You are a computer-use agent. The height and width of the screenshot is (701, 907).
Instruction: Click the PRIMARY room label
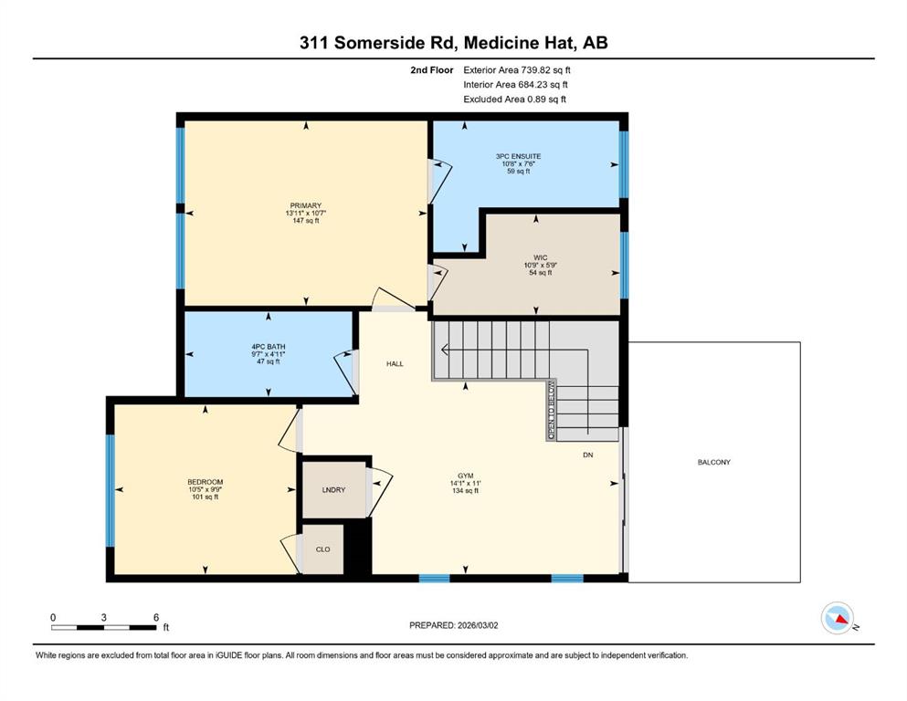click(x=305, y=205)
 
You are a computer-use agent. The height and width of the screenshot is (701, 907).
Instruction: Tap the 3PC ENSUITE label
click(x=518, y=156)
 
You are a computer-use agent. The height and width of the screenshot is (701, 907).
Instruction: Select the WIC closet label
click(x=540, y=257)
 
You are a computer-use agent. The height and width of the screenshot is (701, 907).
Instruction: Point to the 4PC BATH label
click(x=269, y=347)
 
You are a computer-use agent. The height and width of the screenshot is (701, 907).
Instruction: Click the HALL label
click(x=395, y=363)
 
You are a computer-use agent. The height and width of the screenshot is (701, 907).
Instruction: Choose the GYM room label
click(x=466, y=476)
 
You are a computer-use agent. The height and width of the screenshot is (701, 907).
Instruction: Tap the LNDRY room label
click(x=333, y=490)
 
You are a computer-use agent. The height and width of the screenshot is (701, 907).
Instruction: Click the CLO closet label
click(x=322, y=549)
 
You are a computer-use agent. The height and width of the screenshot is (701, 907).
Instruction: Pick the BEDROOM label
click(x=205, y=482)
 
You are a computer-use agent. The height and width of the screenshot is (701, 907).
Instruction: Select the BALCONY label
click(x=713, y=463)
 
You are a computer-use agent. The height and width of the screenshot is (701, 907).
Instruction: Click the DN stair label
click(x=587, y=455)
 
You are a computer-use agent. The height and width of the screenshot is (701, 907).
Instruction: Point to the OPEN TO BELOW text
click(x=552, y=411)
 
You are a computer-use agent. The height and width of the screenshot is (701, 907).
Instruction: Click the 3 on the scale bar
click(x=103, y=617)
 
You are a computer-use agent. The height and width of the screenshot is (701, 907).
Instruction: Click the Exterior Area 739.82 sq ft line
click(x=517, y=70)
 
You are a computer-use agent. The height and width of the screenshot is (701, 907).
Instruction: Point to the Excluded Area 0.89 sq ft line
click(x=515, y=99)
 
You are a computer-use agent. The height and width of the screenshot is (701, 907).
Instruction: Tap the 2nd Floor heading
click(x=432, y=70)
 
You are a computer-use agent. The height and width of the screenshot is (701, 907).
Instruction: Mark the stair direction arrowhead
click(x=445, y=349)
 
